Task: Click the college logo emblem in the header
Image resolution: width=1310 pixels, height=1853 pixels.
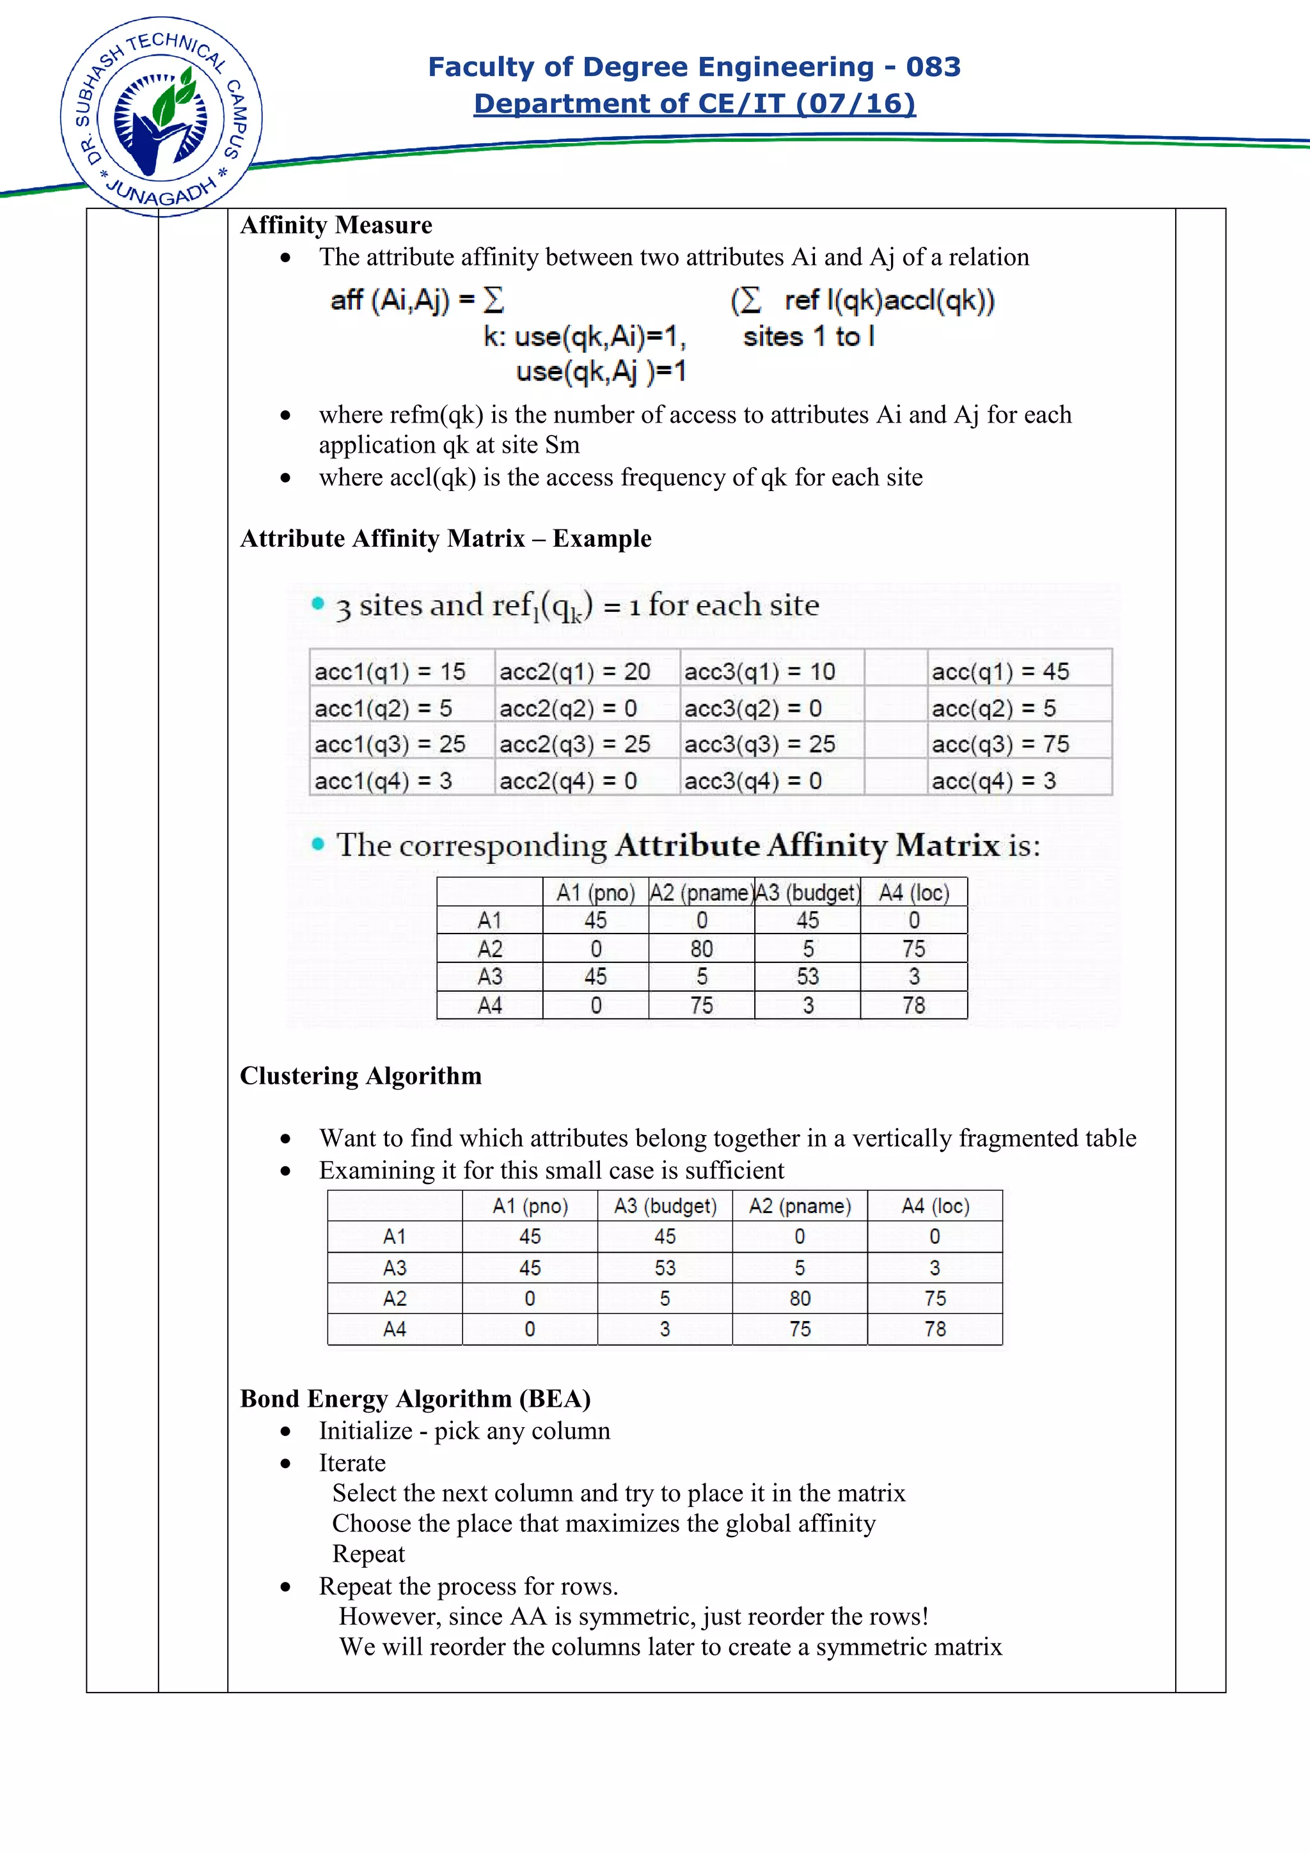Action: coord(161,117)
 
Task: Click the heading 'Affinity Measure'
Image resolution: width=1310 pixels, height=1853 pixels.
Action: coord(336,224)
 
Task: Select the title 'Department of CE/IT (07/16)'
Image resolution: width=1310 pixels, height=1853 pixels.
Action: coord(694,104)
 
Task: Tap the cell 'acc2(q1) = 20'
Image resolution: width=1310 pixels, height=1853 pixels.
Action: coord(574,671)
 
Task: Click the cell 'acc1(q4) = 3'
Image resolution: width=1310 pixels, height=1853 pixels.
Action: coord(383,781)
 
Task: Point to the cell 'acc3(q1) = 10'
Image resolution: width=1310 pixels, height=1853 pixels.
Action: coord(759,671)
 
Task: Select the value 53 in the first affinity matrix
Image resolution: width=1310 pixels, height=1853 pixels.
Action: coord(807,976)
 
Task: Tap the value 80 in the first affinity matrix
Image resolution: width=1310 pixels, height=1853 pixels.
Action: coord(702,948)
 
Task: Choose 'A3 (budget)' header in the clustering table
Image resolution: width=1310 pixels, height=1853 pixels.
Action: coord(665,1206)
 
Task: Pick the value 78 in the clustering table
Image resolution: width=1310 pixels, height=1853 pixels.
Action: coord(935,1329)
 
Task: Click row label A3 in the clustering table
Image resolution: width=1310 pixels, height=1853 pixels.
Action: coord(395,1268)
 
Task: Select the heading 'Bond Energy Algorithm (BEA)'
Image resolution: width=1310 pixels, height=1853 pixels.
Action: coord(416,1398)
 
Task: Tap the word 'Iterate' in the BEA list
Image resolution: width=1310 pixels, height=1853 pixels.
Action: coord(352,1462)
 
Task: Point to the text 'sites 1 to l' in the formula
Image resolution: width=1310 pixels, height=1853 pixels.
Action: coord(808,336)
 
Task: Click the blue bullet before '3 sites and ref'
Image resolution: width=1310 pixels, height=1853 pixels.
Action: coord(318,603)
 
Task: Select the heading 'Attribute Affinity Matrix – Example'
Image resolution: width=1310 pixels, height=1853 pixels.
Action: coord(446,538)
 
